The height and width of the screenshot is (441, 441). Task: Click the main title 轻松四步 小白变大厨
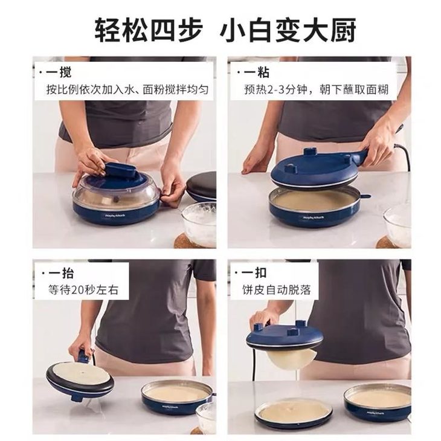[x=225, y=30]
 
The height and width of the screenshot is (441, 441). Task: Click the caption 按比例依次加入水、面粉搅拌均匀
[x=127, y=90]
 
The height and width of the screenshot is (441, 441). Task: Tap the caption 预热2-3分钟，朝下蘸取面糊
[x=316, y=90]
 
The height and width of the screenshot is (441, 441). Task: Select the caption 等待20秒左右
[x=83, y=290]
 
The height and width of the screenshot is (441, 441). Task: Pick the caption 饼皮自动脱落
[x=277, y=289]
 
